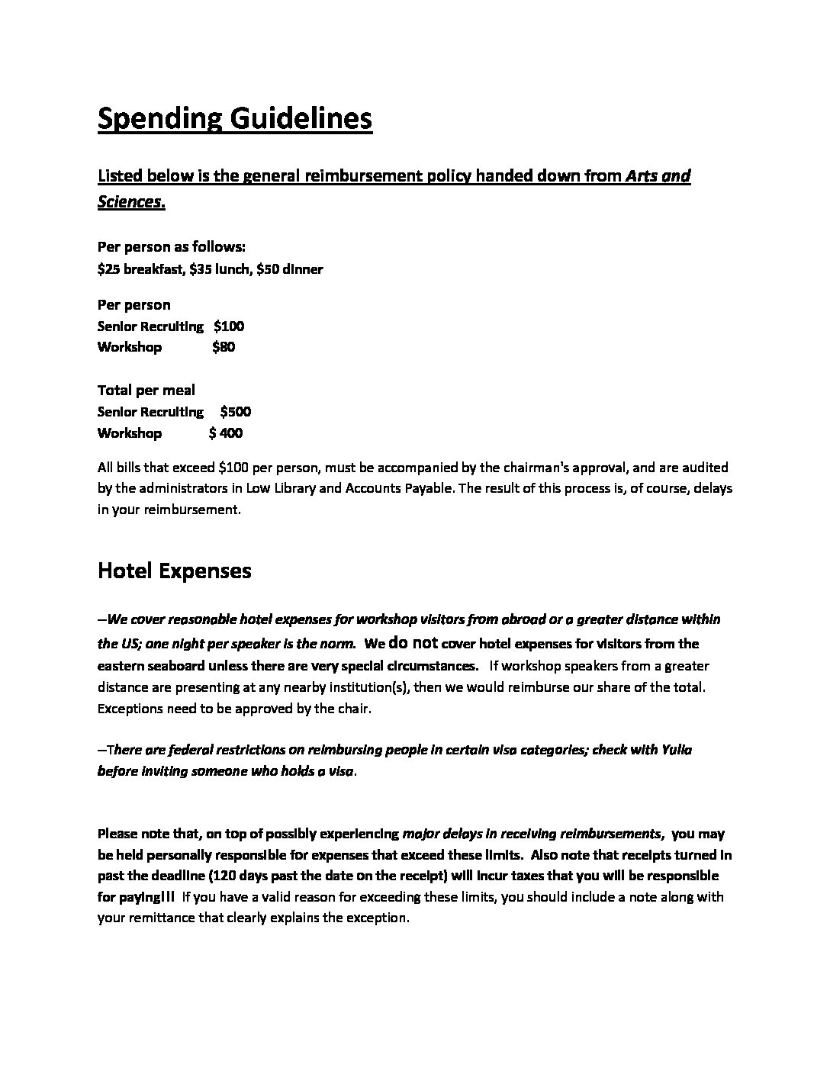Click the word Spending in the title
pyautogui.click(x=160, y=120)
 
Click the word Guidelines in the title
pyautogui.click(x=301, y=120)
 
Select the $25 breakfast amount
pyautogui.click(x=108, y=269)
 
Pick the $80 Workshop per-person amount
pyautogui.click(x=224, y=347)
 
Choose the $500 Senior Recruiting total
pyautogui.click(x=235, y=412)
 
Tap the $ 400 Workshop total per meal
pyautogui.click(x=226, y=433)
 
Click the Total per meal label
pyautogui.click(x=146, y=391)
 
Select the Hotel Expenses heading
pyautogui.click(x=175, y=571)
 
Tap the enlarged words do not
pyautogui.click(x=413, y=642)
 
